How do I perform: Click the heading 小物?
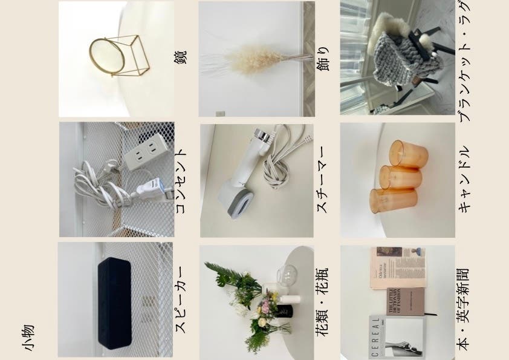click(x=28, y=338)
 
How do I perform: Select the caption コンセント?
click(x=181, y=181)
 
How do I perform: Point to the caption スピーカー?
click(x=181, y=299)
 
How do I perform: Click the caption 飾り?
click(x=323, y=59)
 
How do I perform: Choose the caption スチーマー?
click(x=322, y=180)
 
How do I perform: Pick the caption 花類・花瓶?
click(x=322, y=301)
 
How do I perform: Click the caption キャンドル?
click(x=464, y=179)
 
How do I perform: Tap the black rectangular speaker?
click(x=115, y=303)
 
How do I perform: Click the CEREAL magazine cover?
click(x=397, y=337)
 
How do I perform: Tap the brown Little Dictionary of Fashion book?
click(x=406, y=301)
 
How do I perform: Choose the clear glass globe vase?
click(x=288, y=275)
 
